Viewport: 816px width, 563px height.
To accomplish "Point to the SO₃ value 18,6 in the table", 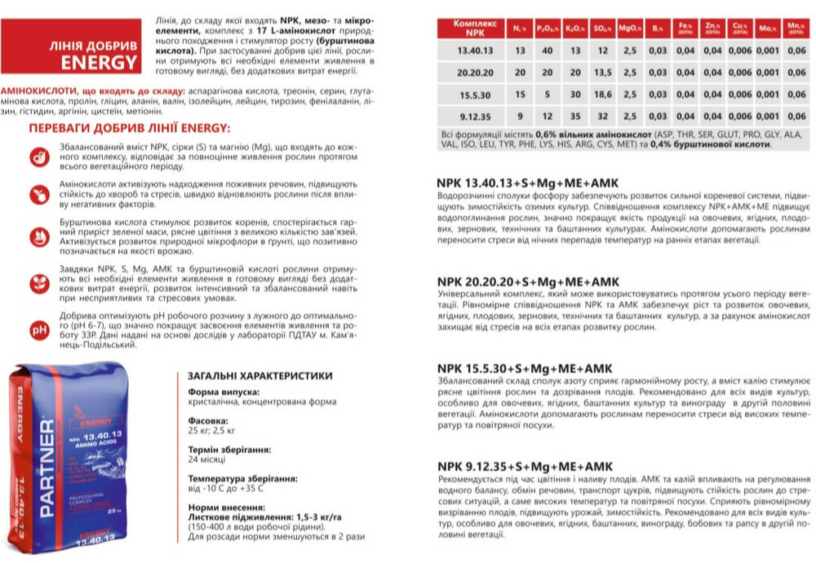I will (x=603, y=95).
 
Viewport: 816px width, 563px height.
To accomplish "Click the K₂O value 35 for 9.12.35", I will (x=575, y=117).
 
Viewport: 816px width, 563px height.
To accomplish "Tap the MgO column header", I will (x=628, y=29).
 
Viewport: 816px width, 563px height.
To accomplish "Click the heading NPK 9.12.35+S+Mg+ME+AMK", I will (x=525, y=466).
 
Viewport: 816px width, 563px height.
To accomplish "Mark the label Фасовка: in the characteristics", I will (x=209, y=421).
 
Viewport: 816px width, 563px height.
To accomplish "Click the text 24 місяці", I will (x=208, y=460).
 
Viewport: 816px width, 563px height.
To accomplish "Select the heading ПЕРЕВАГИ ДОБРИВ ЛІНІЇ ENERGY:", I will (x=130, y=128).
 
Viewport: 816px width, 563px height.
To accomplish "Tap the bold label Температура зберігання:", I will (x=242, y=478).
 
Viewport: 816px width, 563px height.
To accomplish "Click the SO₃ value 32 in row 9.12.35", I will (x=603, y=117).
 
